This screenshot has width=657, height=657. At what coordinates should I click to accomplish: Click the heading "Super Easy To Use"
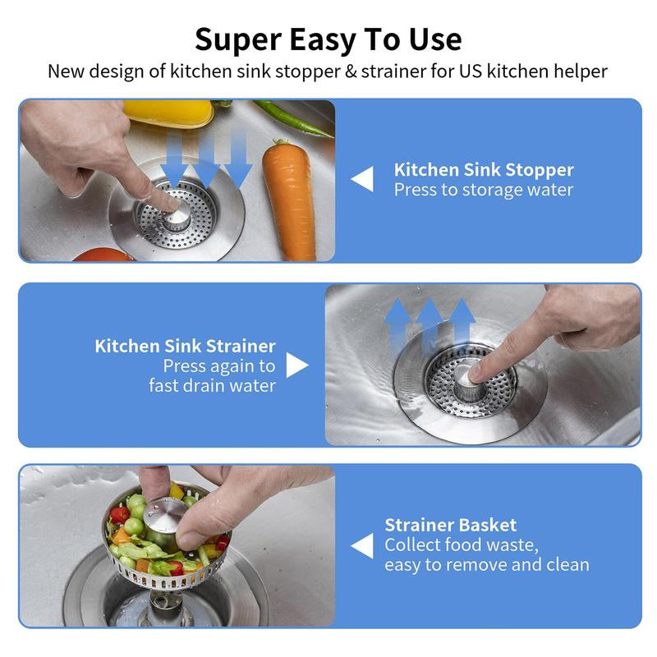tap(328, 39)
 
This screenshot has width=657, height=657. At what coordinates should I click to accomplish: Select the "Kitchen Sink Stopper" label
tap(483, 170)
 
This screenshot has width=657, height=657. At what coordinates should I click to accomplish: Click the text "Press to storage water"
tap(483, 190)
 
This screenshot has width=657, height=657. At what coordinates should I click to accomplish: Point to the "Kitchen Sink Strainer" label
tap(185, 346)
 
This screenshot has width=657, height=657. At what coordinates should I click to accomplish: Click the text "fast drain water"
tap(212, 385)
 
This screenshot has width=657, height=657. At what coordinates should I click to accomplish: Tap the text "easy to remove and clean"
tap(486, 565)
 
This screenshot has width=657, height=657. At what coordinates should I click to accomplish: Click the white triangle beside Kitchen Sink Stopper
tap(362, 180)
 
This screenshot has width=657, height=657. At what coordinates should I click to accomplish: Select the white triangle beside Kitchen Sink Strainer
tap(296, 365)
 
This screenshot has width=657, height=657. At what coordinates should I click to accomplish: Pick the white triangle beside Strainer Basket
tap(362, 545)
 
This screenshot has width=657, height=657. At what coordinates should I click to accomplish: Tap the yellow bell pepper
tap(168, 113)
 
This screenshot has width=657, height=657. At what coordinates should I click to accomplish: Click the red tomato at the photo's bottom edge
tap(103, 255)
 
